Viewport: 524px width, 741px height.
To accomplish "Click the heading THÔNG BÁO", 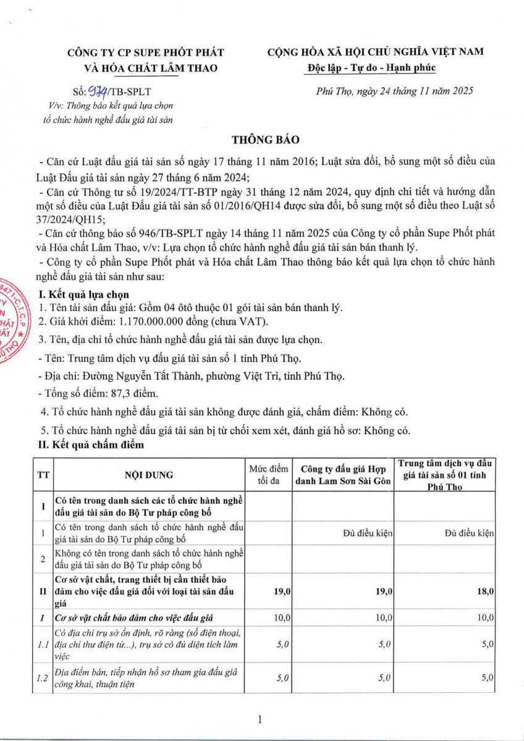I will [x=261, y=140].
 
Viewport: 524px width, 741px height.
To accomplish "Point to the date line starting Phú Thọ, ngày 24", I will [x=394, y=91].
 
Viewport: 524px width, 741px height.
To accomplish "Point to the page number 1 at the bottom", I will [x=261, y=719].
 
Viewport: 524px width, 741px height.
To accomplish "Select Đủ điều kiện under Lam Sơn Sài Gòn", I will [x=368, y=533].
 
